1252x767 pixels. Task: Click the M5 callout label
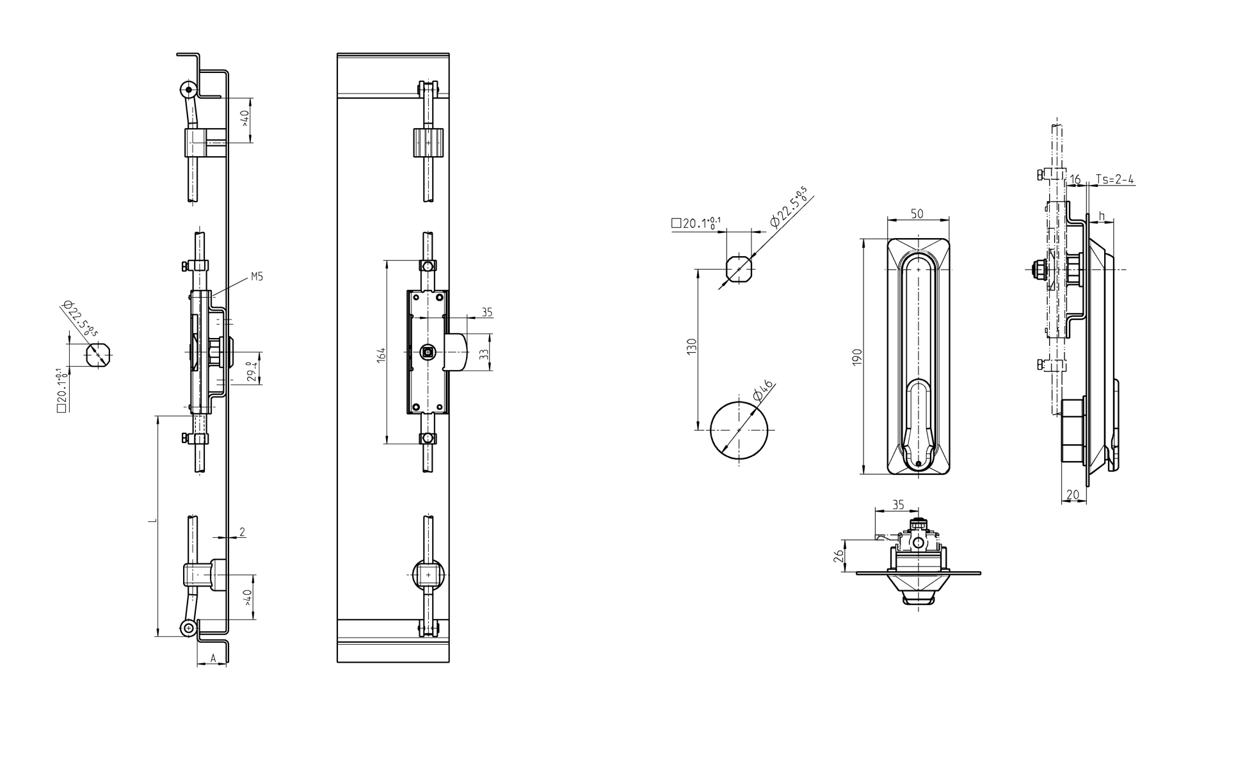click(257, 277)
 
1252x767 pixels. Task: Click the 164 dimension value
click(381, 355)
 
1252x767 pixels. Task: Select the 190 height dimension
click(858, 357)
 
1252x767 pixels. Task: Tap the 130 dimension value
click(691, 347)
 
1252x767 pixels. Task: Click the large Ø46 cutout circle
click(739, 430)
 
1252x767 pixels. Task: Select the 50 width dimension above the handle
click(917, 214)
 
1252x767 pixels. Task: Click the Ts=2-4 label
click(1114, 179)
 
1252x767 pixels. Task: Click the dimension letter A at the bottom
click(213, 658)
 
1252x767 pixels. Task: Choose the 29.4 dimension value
click(253, 372)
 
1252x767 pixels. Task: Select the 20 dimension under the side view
click(1073, 494)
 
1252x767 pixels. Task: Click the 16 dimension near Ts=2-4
click(1075, 179)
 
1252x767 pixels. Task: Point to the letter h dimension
click(1102, 215)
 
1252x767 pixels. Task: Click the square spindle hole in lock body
click(428, 351)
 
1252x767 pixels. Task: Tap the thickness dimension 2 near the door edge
click(242, 531)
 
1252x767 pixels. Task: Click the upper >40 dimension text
click(245, 119)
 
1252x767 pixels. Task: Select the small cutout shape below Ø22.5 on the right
click(739, 269)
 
